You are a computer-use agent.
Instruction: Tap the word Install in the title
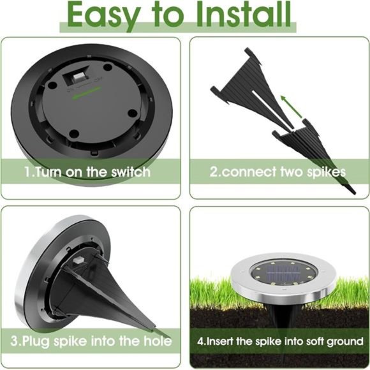(x=240, y=15)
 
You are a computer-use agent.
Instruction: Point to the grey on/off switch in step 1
(x=78, y=76)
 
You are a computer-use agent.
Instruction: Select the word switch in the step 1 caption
(x=131, y=172)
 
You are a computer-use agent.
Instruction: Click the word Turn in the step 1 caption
(x=47, y=172)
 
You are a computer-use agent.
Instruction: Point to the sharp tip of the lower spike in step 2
(x=353, y=189)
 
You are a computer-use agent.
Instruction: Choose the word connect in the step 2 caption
(x=246, y=172)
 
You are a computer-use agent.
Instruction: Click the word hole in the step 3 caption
(x=158, y=341)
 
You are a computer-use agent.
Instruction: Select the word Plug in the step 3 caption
(x=39, y=341)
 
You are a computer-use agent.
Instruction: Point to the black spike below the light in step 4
(x=279, y=316)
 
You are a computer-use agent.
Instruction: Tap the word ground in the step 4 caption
(x=344, y=341)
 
